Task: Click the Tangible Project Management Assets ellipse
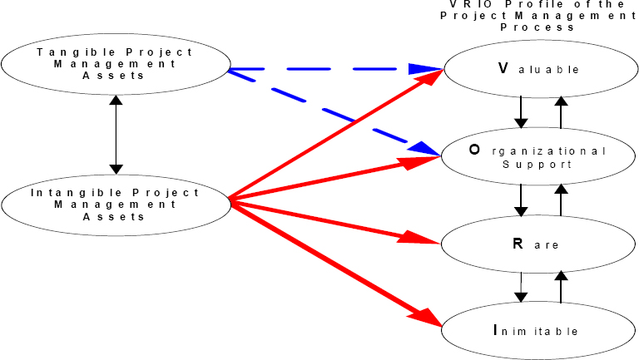pyautogui.click(x=115, y=63)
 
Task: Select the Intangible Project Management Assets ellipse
pyautogui.click(x=115, y=204)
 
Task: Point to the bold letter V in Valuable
pyautogui.click(x=503, y=68)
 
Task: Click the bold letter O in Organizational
pyautogui.click(x=474, y=150)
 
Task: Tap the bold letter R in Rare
pyautogui.click(x=516, y=244)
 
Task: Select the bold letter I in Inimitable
pyautogui.click(x=496, y=331)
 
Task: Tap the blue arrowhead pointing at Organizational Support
pyautogui.click(x=421, y=146)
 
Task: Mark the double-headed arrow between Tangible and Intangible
pyautogui.click(x=115, y=133)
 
